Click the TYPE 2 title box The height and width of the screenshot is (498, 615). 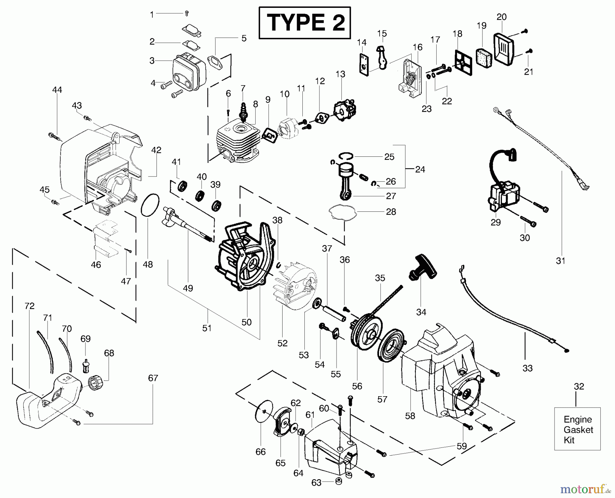[305, 23]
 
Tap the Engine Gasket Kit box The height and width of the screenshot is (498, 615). [577, 429]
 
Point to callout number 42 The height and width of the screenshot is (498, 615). [156, 150]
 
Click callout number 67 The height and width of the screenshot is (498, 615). [153, 378]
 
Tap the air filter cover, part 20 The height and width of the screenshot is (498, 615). [505, 48]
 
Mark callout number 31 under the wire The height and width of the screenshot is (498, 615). [561, 261]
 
